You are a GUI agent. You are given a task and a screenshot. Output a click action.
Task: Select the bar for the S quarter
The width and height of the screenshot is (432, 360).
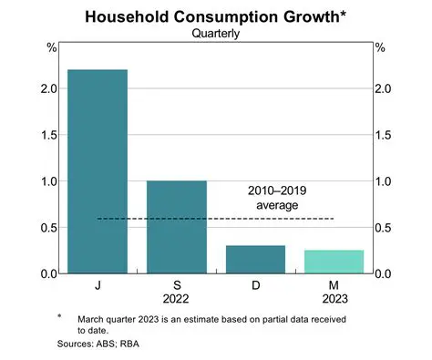click(176, 227)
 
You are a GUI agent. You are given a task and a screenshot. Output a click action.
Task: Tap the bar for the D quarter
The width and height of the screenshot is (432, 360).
click(254, 259)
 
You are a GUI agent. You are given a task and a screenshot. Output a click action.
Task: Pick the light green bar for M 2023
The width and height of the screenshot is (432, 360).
click(333, 262)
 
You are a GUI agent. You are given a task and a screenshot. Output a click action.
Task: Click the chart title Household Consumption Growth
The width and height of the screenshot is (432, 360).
click(215, 16)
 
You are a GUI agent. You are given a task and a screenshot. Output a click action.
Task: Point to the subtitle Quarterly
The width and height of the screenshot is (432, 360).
click(215, 34)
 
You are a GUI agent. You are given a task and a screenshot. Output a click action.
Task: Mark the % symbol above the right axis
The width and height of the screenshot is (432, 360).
click(381, 48)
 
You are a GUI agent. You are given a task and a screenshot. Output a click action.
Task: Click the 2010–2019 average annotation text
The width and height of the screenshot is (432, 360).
click(279, 199)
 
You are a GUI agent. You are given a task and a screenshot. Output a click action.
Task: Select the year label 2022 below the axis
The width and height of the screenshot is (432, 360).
click(176, 299)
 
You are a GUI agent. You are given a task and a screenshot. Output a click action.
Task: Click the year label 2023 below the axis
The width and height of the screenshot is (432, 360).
click(333, 299)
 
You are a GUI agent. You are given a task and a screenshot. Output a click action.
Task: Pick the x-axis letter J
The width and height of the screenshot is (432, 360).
click(97, 286)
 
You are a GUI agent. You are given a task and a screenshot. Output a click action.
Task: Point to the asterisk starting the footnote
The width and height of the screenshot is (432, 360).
click(58, 316)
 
